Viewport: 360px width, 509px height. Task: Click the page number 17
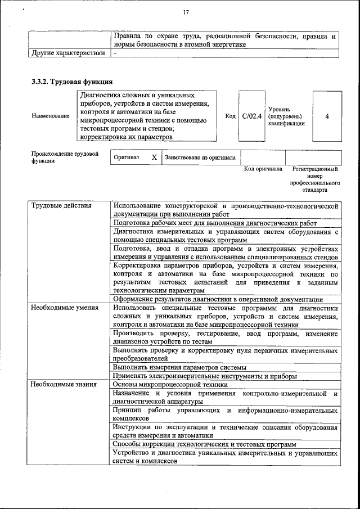(x=186, y=13)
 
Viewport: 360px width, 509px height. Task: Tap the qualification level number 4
(x=327, y=116)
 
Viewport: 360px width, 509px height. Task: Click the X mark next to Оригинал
(x=154, y=158)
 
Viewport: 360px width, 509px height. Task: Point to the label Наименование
(x=51, y=116)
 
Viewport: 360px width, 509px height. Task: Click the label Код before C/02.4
(x=230, y=116)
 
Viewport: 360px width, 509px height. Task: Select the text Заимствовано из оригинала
(x=200, y=158)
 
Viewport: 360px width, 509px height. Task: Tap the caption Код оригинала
(x=263, y=169)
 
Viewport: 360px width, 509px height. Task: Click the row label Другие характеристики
(x=67, y=53)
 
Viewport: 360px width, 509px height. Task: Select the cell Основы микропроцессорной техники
(x=170, y=384)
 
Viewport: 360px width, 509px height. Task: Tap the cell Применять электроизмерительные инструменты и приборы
(x=205, y=376)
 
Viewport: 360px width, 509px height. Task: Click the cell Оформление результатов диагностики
(x=218, y=299)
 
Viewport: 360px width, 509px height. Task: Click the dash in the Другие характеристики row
(x=115, y=53)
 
